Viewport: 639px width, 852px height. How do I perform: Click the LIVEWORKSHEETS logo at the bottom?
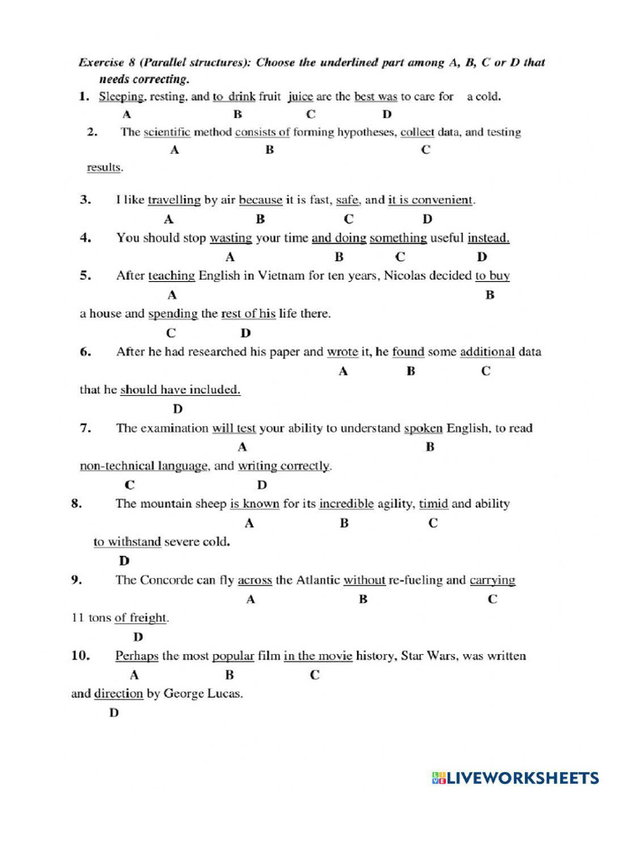[x=515, y=778]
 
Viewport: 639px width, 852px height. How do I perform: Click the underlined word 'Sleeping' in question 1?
[x=122, y=97]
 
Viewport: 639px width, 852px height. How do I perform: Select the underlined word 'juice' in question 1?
[x=300, y=97]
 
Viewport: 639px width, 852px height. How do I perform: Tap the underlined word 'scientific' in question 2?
[x=167, y=132]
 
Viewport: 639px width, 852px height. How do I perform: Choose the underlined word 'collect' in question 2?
[x=417, y=132]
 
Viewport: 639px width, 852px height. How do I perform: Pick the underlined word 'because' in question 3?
[x=260, y=200]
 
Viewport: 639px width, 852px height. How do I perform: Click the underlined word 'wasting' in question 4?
[x=230, y=238]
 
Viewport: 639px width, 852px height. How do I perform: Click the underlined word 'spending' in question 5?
[x=172, y=314]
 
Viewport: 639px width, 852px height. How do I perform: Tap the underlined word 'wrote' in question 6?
[x=342, y=352]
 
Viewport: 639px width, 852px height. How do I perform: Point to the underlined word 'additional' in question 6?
[x=488, y=352]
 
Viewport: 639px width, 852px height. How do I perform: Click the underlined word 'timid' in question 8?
[x=433, y=503]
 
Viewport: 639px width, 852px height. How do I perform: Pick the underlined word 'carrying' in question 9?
[x=493, y=580]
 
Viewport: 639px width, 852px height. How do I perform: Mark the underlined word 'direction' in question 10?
[x=118, y=693]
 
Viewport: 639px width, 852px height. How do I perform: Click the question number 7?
[x=85, y=428]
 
